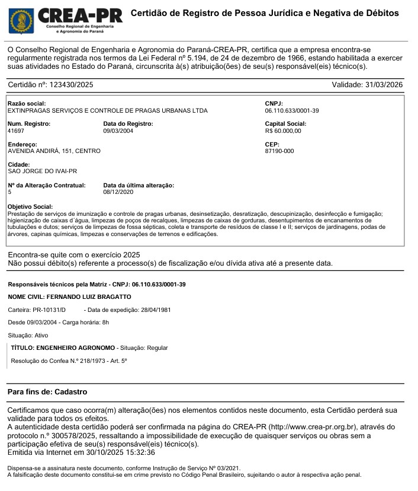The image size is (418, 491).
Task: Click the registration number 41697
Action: coord(16,131)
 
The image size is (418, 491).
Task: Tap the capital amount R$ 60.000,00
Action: coord(283,131)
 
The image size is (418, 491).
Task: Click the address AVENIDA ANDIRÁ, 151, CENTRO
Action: coord(54,151)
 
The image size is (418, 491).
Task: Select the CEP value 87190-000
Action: coord(279,151)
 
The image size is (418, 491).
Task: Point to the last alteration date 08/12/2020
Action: coord(118,192)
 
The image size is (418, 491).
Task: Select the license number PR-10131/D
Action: coord(49,310)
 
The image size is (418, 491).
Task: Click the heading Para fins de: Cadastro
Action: coord(47,392)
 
